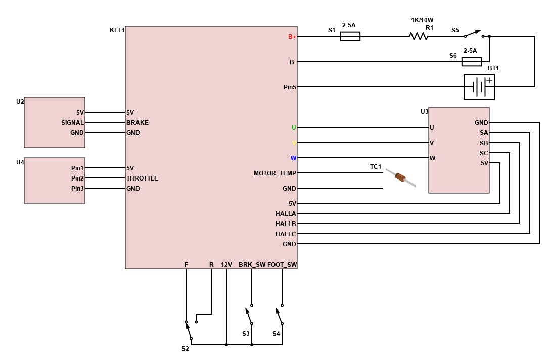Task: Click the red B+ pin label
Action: [x=292, y=37]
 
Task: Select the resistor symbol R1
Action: [x=419, y=36]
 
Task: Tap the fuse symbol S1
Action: [x=350, y=36]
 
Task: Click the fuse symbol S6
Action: [x=472, y=62]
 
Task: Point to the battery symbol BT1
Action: [x=479, y=87]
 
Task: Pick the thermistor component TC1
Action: [x=400, y=177]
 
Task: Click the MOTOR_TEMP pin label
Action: [x=275, y=173]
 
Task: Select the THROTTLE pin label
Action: [x=142, y=178]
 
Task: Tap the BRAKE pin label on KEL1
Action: [x=138, y=123]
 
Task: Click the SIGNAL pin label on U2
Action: [x=72, y=123]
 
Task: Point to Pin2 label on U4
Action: [x=77, y=178]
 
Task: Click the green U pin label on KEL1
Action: [x=294, y=128]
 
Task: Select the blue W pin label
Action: [x=293, y=158]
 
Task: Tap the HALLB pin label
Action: [x=286, y=224]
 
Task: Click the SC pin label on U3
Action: [x=483, y=153]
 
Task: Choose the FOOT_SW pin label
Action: [x=282, y=265]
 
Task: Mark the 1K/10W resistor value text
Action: [x=422, y=20]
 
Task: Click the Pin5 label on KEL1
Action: [x=290, y=87]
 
